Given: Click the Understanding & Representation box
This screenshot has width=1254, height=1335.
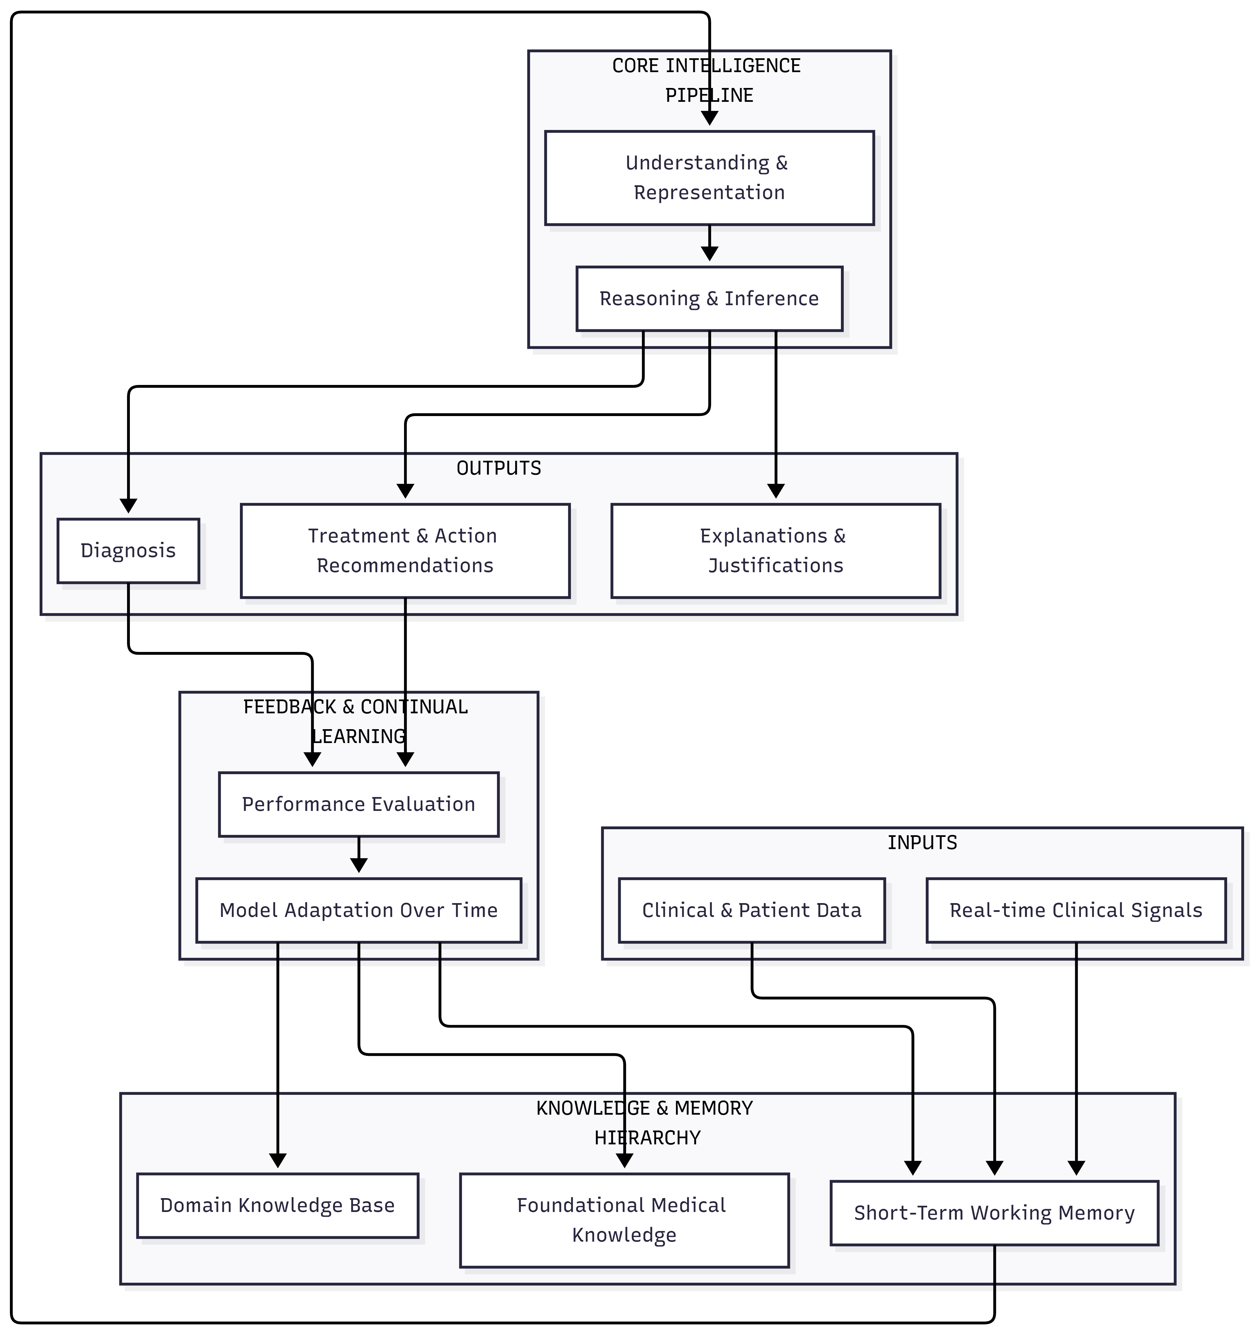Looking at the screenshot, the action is pos(709,178).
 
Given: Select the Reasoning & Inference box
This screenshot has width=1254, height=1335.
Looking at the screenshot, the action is pos(709,299).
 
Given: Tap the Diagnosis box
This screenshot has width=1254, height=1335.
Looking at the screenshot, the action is pos(128,551).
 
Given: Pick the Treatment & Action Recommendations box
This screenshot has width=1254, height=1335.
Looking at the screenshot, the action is pos(405,551).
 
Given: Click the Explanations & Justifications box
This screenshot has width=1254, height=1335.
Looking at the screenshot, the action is pos(776,551).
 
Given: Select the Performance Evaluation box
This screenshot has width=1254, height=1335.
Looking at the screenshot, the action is pos(359,804).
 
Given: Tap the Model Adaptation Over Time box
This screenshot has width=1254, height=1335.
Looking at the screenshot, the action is pos(359,910).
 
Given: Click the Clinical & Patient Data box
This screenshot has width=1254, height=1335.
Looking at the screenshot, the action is pos(751,910).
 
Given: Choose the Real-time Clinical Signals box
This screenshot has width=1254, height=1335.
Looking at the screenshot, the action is pos(1076,910).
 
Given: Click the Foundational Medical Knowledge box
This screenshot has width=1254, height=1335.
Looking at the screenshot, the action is pos(624,1220).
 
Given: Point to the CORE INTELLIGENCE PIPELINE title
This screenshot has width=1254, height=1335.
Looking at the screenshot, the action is pos(707,81).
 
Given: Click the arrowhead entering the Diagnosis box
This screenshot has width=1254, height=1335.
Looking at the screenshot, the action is pos(128,506).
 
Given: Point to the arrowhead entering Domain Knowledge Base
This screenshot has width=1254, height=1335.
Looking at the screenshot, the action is pos(277,1160).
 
